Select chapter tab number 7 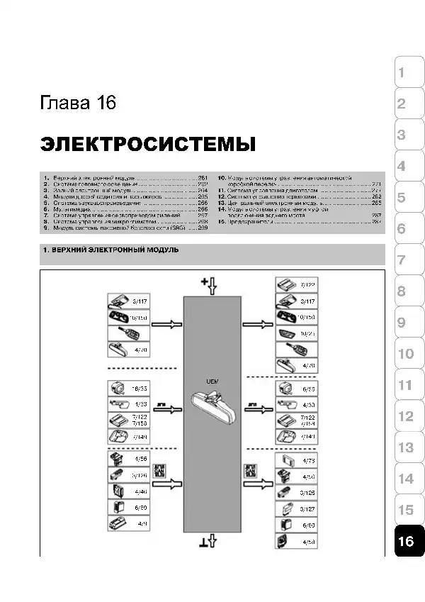click(x=401, y=260)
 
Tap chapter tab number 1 click(x=401, y=73)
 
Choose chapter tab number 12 click(x=405, y=416)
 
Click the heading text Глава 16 click(x=78, y=104)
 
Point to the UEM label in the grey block click(x=212, y=381)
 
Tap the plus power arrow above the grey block click(x=211, y=285)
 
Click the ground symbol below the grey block click(x=211, y=543)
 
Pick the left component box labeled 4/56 click(x=127, y=459)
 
